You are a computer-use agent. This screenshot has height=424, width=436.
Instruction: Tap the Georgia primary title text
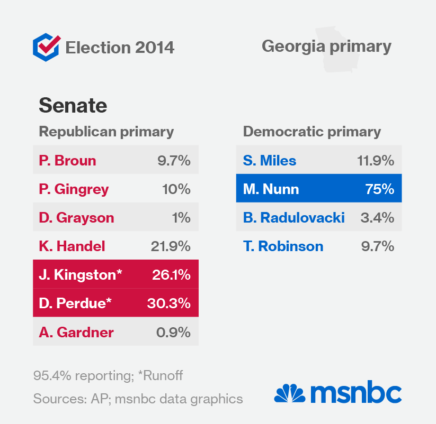tap(326, 46)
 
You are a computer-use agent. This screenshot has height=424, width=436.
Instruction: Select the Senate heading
tap(73, 106)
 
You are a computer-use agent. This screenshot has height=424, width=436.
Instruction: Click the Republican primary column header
tap(106, 132)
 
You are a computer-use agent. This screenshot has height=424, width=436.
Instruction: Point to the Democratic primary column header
tap(312, 132)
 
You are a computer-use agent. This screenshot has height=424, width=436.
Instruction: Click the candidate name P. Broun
tap(67, 160)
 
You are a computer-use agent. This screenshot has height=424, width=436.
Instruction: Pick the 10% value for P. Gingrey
tap(176, 189)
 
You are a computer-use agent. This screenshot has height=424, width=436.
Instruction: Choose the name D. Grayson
tap(76, 217)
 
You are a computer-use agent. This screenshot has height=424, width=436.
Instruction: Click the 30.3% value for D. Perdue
tap(168, 303)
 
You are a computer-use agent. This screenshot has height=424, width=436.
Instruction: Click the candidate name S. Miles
tap(270, 160)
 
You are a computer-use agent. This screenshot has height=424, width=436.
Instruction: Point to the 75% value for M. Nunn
tap(379, 189)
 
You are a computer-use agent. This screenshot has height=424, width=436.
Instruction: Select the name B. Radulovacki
tap(293, 217)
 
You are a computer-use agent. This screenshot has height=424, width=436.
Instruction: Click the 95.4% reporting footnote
tap(108, 376)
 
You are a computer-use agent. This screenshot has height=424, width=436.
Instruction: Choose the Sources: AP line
tap(138, 398)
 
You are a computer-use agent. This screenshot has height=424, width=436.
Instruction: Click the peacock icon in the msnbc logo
tap(289, 393)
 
